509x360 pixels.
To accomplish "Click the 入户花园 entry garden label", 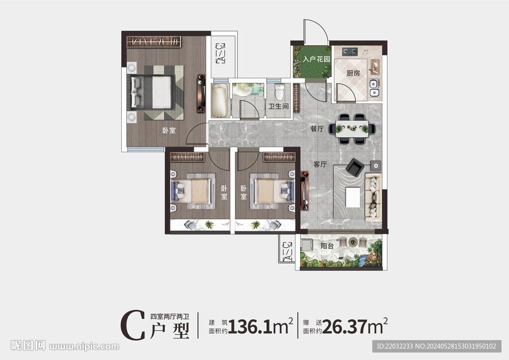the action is pyautogui.click(x=316, y=59).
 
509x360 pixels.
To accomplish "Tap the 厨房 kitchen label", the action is pyautogui.click(x=353, y=73).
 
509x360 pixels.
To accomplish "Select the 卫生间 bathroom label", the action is pyautogui.click(x=278, y=106).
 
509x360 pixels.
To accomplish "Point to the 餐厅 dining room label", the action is pyautogui.click(x=317, y=129).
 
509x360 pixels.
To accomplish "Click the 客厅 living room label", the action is pyautogui.click(x=320, y=164).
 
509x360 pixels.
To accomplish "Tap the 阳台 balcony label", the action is pyautogui.click(x=327, y=246).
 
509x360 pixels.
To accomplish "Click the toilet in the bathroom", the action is pyautogui.click(x=280, y=91).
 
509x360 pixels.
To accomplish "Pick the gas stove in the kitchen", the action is pyautogui.click(x=349, y=51).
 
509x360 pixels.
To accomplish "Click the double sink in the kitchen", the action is pyautogui.click(x=374, y=88).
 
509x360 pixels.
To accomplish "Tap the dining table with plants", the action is pyautogui.click(x=352, y=129).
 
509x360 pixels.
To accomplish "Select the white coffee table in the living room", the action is pyautogui.click(x=353, y=197).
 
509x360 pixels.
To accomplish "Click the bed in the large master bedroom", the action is pyautogui.click(x=152, y=91).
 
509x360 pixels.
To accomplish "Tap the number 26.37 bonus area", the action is pyautogui.click(x=345, y=326).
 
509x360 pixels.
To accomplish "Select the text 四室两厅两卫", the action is pyautogui.click(x=170, y=316).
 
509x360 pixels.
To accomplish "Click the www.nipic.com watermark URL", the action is pyautogui.click(x=84, y=347).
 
